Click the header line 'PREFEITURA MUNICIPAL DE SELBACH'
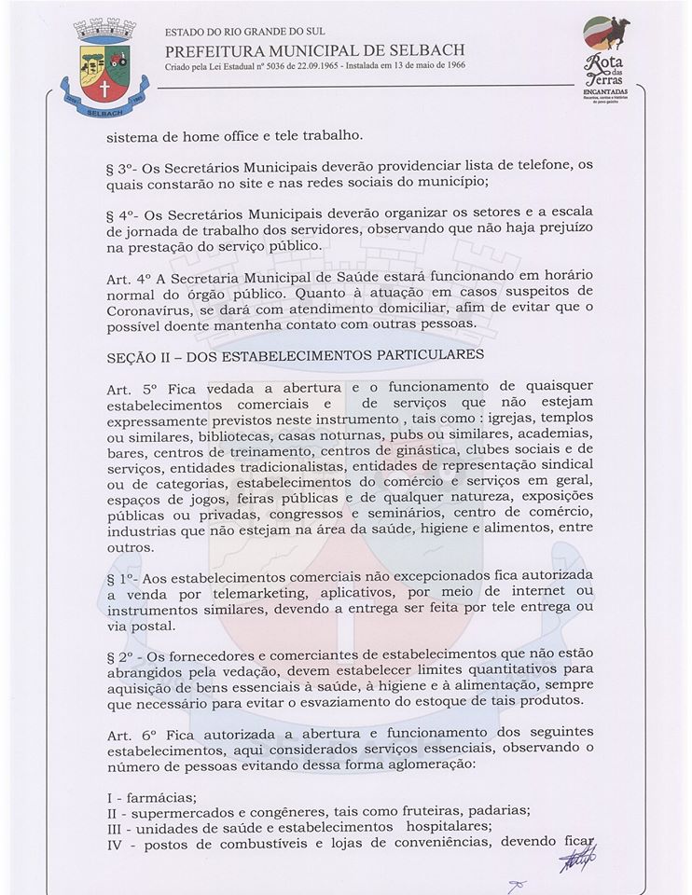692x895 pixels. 314,50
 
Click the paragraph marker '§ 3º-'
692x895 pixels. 126,165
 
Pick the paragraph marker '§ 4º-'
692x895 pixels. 126,213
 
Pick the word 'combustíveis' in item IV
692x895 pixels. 262,843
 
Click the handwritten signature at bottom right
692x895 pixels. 577,858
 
